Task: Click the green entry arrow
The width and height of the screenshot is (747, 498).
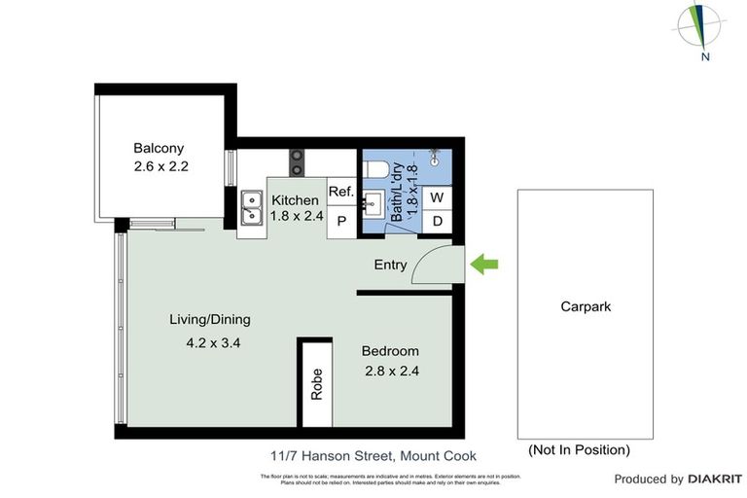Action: pos(483,264)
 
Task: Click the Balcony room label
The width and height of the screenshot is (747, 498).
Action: pos(159,149)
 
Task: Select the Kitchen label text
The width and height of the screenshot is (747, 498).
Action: pos(295,200)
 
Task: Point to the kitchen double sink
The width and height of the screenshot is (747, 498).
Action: pos(251,209)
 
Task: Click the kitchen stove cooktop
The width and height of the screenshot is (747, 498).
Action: pos(297,157)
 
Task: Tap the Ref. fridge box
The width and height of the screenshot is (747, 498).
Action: pos(340,193)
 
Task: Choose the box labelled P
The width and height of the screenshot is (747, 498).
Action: pos(341,221)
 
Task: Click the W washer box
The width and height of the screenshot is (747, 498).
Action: pos(438,197)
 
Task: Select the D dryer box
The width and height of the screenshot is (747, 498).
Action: pos(438,221)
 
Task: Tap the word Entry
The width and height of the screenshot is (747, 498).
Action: pos(390,265)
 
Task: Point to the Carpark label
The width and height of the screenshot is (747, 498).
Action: pos(586,306)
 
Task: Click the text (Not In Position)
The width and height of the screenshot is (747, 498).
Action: pos(579,449)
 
